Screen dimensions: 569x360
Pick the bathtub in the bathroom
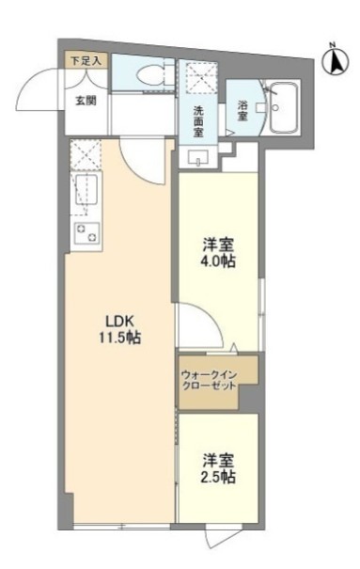282,110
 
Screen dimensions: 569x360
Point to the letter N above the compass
332,44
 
